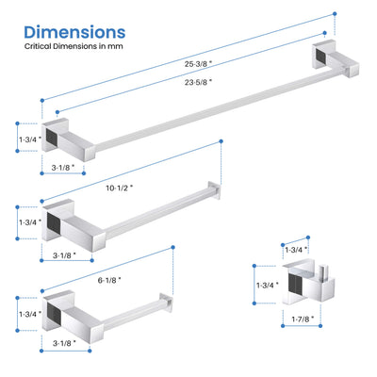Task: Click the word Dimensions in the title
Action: pos(74,32)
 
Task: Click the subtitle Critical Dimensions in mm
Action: pos(74,46)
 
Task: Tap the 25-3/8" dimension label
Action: pos(198,64)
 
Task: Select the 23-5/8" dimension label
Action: pos(198,82)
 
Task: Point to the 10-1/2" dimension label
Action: pos(120,188)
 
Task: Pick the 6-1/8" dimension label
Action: pos(109,280)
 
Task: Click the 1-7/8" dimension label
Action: pos(303,320)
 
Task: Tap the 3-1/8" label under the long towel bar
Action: pos(63,167)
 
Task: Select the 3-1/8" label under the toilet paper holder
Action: pos(64,343)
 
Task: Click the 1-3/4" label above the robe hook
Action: pos(296,250)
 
